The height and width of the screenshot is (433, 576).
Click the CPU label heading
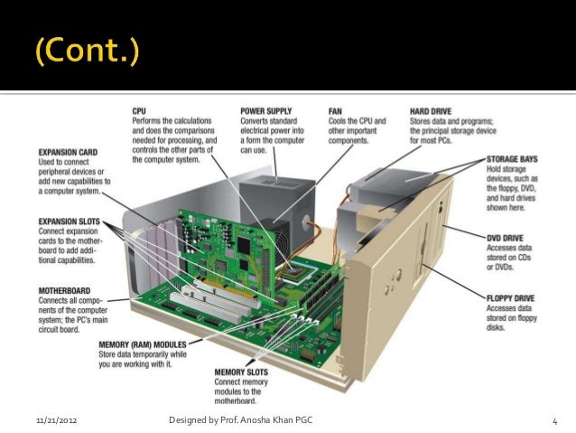139,111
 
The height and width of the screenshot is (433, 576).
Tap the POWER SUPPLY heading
265,111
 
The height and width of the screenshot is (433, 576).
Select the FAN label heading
335,111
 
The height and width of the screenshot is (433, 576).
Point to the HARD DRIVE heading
431,111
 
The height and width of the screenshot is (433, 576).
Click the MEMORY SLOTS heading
242,372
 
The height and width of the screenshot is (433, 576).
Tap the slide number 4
555,422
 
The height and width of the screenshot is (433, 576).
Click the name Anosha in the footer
258,422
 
